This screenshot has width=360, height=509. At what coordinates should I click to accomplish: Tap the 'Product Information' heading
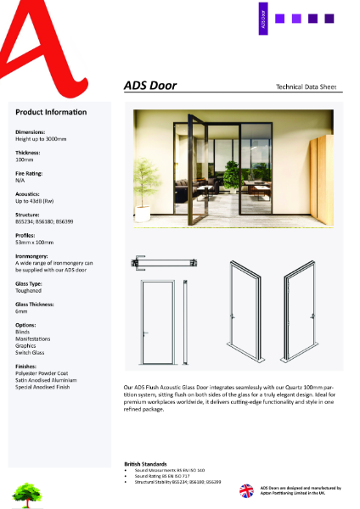point(50,112)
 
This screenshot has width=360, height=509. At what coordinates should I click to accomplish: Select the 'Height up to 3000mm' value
point(39,139)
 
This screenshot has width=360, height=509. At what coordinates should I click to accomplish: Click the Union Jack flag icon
point(247,490)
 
